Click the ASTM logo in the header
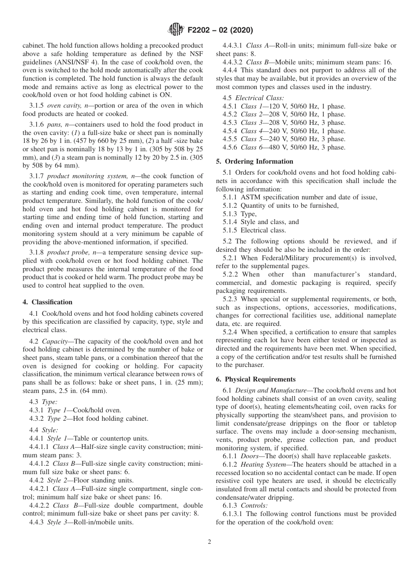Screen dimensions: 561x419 pos(176,30)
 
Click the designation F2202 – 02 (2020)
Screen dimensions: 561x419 pos(220,30)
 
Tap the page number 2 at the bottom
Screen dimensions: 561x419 pos(209,542)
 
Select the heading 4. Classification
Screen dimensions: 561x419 pos(48,302)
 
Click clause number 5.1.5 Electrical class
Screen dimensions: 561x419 pos(231,230)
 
